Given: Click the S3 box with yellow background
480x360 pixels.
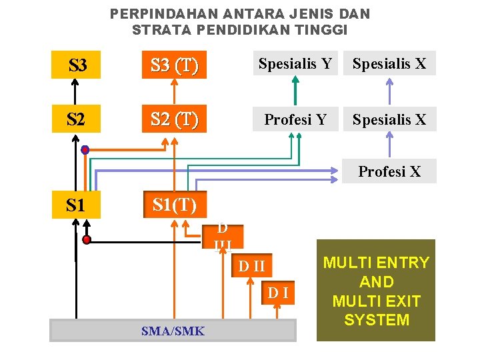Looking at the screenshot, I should coord(76,65).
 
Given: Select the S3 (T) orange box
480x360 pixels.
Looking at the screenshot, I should coord(174,65).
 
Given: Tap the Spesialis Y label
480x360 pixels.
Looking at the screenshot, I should coord(295,64).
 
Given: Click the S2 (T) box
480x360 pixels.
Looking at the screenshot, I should coord(174,119).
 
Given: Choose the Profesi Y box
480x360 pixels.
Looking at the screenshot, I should coord(295,119).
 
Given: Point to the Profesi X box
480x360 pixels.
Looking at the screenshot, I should coord(389,171).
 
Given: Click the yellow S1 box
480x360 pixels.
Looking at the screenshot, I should coord(76,205).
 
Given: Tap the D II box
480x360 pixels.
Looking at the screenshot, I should coord(252,267).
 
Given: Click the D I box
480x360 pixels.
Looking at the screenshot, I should coord(278,292).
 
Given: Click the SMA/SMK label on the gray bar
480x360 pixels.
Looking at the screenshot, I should coord(173,331).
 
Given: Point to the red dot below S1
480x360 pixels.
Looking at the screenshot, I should coord(86,240).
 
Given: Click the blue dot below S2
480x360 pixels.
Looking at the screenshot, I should coord(85,150).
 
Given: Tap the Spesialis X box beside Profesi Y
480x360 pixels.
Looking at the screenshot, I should coord(389,119).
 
